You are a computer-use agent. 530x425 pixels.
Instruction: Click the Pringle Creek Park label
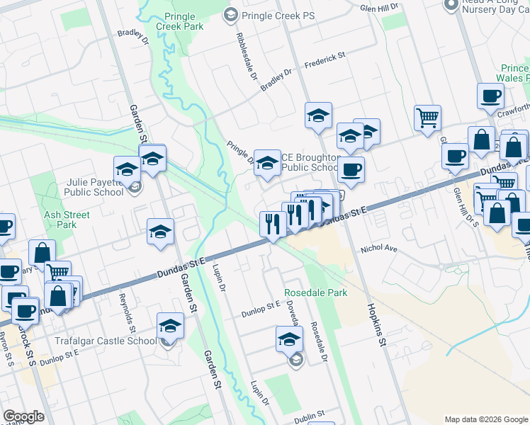pos(183,21)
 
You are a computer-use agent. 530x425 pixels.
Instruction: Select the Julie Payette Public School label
pos(94,186)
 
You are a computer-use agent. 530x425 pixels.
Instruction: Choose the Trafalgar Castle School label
pos(106,341)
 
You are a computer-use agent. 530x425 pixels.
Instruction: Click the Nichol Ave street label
pos(378,249)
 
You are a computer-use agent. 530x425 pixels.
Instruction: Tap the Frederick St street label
pos(324,62)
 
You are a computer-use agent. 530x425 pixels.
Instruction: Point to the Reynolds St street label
pos(126,312)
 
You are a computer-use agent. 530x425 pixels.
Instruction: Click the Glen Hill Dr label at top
pos(379,8)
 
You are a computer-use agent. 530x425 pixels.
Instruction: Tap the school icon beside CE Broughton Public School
pos(267,162)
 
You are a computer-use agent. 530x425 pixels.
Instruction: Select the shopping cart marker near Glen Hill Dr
pos(427,118)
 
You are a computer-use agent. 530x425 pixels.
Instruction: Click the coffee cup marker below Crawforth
pos(454,156)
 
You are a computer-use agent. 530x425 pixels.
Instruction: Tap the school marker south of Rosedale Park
pos(288,339)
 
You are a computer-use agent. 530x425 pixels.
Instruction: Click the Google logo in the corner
pos(23,416)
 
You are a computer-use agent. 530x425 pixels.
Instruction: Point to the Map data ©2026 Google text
pos(486,419)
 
